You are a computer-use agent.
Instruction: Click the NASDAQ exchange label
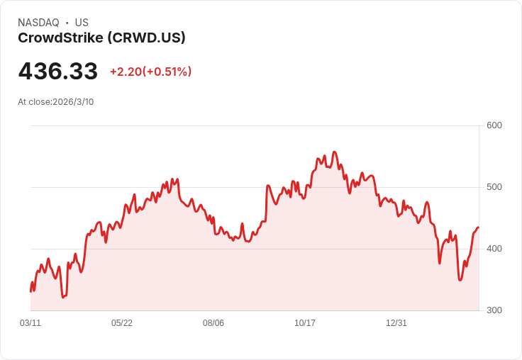38,23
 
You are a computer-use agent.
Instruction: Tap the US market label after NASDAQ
82,23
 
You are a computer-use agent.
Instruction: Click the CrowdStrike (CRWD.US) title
101,38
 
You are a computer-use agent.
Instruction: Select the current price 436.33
58,71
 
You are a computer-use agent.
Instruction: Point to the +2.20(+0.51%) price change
150,72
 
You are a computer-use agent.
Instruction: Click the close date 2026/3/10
73,102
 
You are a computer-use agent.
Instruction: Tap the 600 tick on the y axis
494,125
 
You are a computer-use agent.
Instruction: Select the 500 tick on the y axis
494,187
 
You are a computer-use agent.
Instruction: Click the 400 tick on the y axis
494,249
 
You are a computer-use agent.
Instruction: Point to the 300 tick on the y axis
494,310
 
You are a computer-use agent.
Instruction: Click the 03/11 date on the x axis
30,323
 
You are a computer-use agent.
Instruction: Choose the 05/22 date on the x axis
122,323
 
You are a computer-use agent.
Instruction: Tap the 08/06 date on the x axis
213,323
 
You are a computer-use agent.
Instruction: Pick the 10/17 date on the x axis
305,323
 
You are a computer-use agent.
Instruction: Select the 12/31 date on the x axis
396,323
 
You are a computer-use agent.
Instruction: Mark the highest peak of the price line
334,152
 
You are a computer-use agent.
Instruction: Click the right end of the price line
479,227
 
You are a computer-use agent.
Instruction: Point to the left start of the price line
30,291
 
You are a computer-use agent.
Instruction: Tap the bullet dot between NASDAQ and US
67,23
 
